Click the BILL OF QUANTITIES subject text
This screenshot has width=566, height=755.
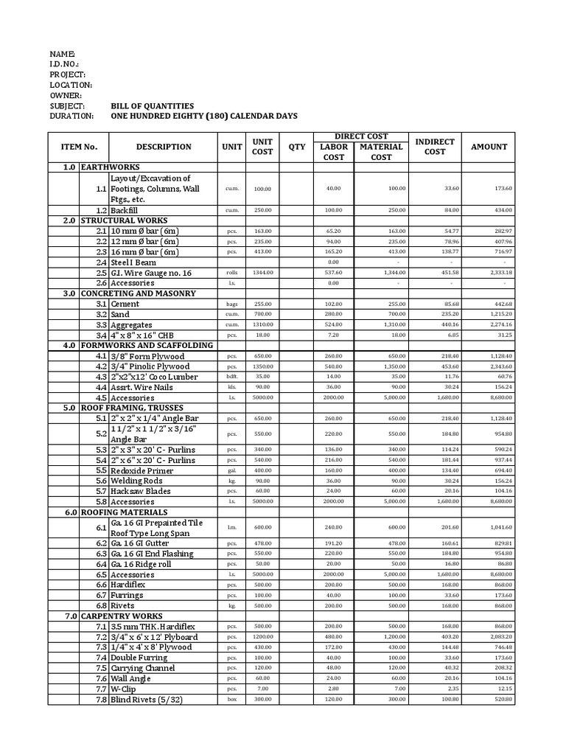click(152, 106)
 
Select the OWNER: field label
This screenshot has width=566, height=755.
click(66, 96)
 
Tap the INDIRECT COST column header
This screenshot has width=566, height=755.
click(435, 147)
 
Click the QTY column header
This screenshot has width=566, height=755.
click(296, 147)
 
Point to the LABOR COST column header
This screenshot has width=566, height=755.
click(334, 152)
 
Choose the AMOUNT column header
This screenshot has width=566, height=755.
click(489, 147)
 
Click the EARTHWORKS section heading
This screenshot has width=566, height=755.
click(110, 167)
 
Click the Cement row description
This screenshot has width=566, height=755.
click(125, 304)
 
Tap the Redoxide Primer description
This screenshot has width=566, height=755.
click(141, 470)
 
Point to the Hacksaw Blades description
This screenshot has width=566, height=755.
click(140, 491)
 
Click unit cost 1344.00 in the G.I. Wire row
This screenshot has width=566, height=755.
click(262, 273)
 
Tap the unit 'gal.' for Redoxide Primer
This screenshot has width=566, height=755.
click(232, 471)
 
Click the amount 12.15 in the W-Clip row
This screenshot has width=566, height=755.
click(503, 689)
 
